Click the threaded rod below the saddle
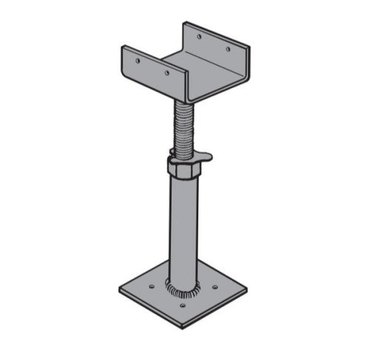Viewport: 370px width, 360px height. click(181, 126)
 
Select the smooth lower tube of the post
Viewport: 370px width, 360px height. click(182, 230)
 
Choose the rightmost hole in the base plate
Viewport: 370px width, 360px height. click(215, 287)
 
